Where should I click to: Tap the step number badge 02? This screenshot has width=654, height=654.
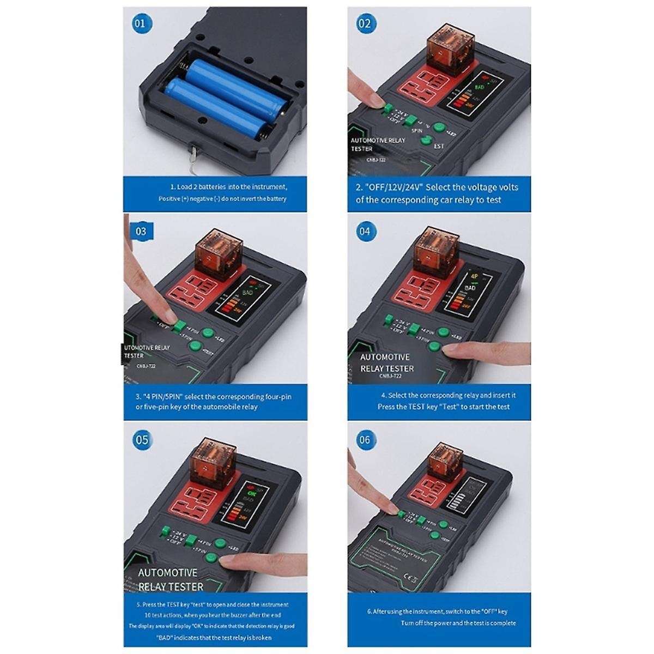[364, 23]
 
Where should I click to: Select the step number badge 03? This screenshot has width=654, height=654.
[141, 231]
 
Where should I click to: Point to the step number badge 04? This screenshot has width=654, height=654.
[364, 231]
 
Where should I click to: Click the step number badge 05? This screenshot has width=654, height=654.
[141, 440]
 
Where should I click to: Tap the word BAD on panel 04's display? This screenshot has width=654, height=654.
[470, 287]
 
